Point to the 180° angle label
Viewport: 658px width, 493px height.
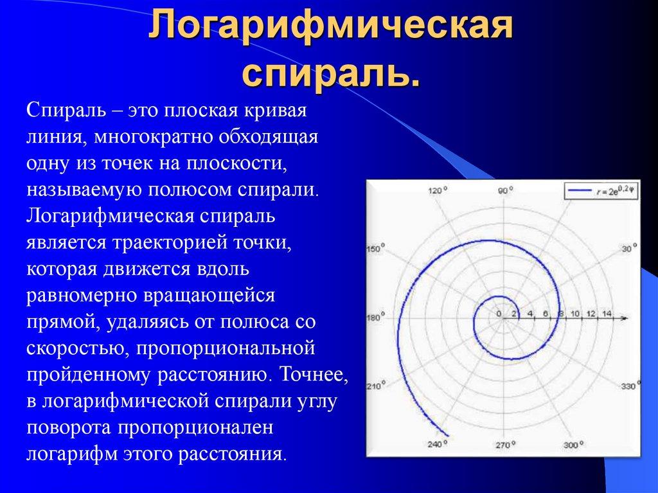(x=375, y=316)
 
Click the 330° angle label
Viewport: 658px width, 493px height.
(x=631, y=386)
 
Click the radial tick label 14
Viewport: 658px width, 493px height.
(x=605, y=314)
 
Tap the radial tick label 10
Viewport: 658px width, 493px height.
(x=575, y=314)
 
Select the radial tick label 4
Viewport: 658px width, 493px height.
(x=530, y=314)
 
